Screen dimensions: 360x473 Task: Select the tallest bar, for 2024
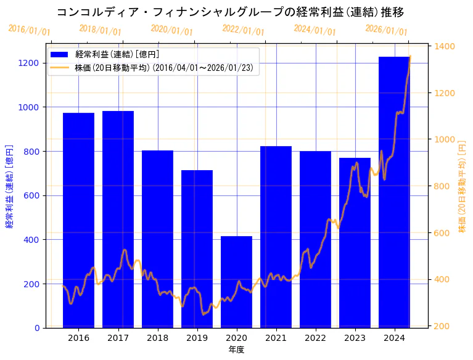pos(394,192)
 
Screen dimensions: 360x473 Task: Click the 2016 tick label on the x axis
pos(78,338)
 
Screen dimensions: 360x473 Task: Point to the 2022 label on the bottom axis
pos(315,338)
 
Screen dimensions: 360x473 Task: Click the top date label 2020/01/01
pos(171,31)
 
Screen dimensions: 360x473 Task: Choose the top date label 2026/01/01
pos(386,31)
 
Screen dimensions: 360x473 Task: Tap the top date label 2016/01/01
pos(29,31)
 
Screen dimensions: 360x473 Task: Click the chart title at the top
pos(230,12)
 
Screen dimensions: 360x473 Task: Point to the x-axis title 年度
pos(236,350)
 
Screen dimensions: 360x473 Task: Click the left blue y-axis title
pos(9,186)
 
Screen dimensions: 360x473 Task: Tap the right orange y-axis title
pos(462,186)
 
